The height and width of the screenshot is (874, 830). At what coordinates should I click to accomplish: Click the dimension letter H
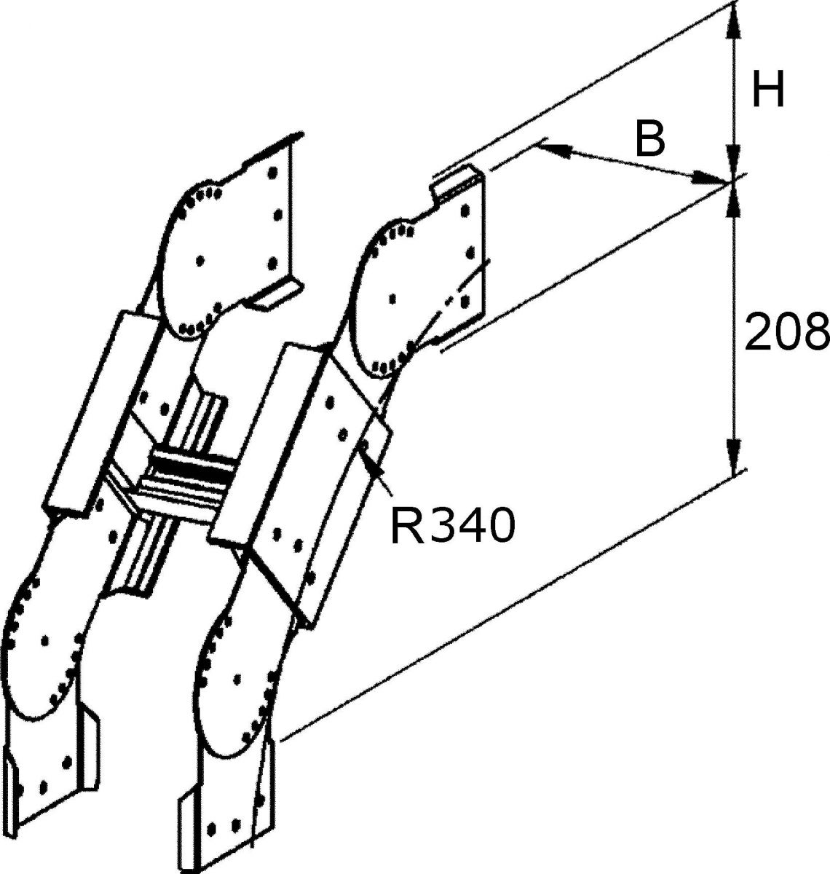pyautogui.click(x=768, y=90)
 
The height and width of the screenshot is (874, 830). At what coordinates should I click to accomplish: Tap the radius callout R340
pyautogui.click(x=453, y=525)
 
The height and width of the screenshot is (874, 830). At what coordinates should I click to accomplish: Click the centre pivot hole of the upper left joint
pyautogui.click(x=200, y=260)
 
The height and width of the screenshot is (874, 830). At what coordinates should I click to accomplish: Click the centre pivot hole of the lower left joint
pyautogui.click(x=44, y=640)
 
